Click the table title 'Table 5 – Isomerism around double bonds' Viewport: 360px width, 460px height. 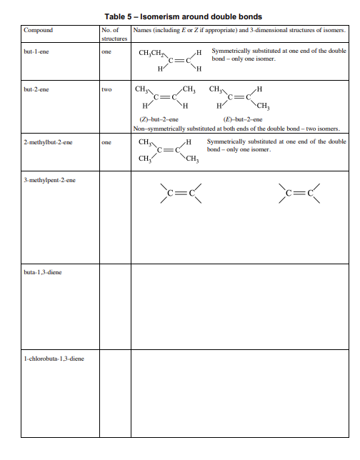[x=183, y=16]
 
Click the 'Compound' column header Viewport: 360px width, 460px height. [x=39, y=30]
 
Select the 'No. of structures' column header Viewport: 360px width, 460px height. [x=114, y=34]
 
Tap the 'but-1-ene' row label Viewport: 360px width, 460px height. [x=37, y=52]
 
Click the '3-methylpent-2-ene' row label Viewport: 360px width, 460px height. [x=49, y=180]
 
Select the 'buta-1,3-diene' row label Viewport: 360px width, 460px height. [x=41, y=271]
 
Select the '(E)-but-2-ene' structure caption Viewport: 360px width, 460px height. [x=243, y=120]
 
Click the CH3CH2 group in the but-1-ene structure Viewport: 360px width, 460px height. [x=152, y=53]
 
